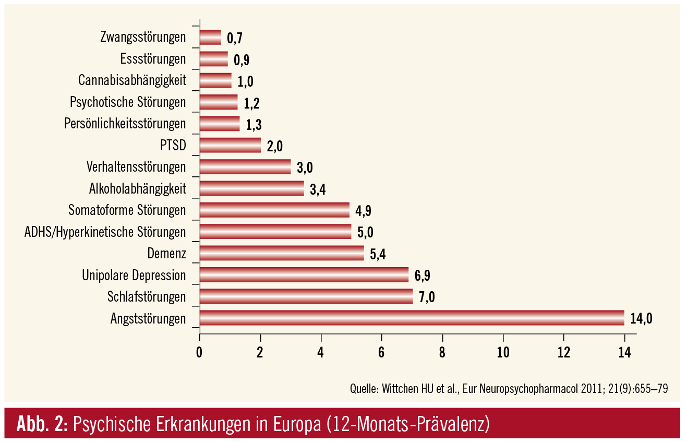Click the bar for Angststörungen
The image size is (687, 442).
(x=412, y=318)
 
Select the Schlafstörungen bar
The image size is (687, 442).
(x=306, y=296)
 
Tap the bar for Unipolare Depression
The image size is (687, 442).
(x=304, y=274)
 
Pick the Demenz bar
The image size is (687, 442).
(x=282, y=253)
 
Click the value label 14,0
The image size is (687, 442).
(x=641, y=319)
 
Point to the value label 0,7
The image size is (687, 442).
(x=235, y=38)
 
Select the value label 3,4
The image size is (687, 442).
(x=318, y=189)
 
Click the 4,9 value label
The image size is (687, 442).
(x=363, y=211)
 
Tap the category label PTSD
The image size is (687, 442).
(x=173, y=145)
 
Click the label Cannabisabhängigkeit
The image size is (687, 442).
(x=132, y=80)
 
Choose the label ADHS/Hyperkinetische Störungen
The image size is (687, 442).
(x=105, y=232)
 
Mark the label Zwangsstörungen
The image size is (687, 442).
(x=142, y=37)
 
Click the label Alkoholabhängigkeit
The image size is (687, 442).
(x=137, y=188)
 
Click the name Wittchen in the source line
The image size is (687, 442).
(x=402, y=389)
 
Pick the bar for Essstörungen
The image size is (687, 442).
(x=213, y=59)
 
